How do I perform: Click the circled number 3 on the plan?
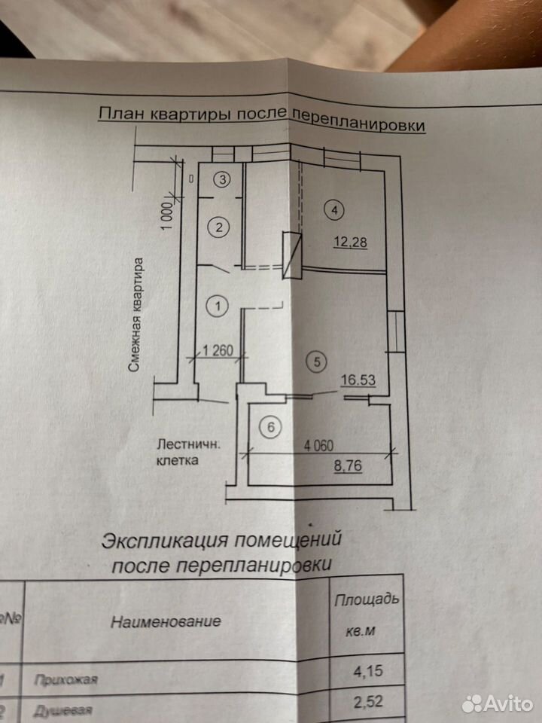[223, 179]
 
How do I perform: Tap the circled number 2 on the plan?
[219, 227]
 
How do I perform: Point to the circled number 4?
[334, 210]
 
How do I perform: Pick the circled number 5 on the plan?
[316, 361]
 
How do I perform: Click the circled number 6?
[271, 427]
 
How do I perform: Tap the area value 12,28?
[351, 242]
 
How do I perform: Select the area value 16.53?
[358, 380]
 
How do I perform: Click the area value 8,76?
[348, 465]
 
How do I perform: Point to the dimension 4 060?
[318, 445]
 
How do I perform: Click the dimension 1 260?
[218, 350]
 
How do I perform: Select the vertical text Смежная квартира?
[136, 314]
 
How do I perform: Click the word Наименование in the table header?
[166, 621]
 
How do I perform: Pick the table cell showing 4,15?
[368, 670]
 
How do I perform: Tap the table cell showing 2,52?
[368, 702]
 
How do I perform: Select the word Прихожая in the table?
[66, 679]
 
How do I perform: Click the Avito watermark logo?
[498, 704]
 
